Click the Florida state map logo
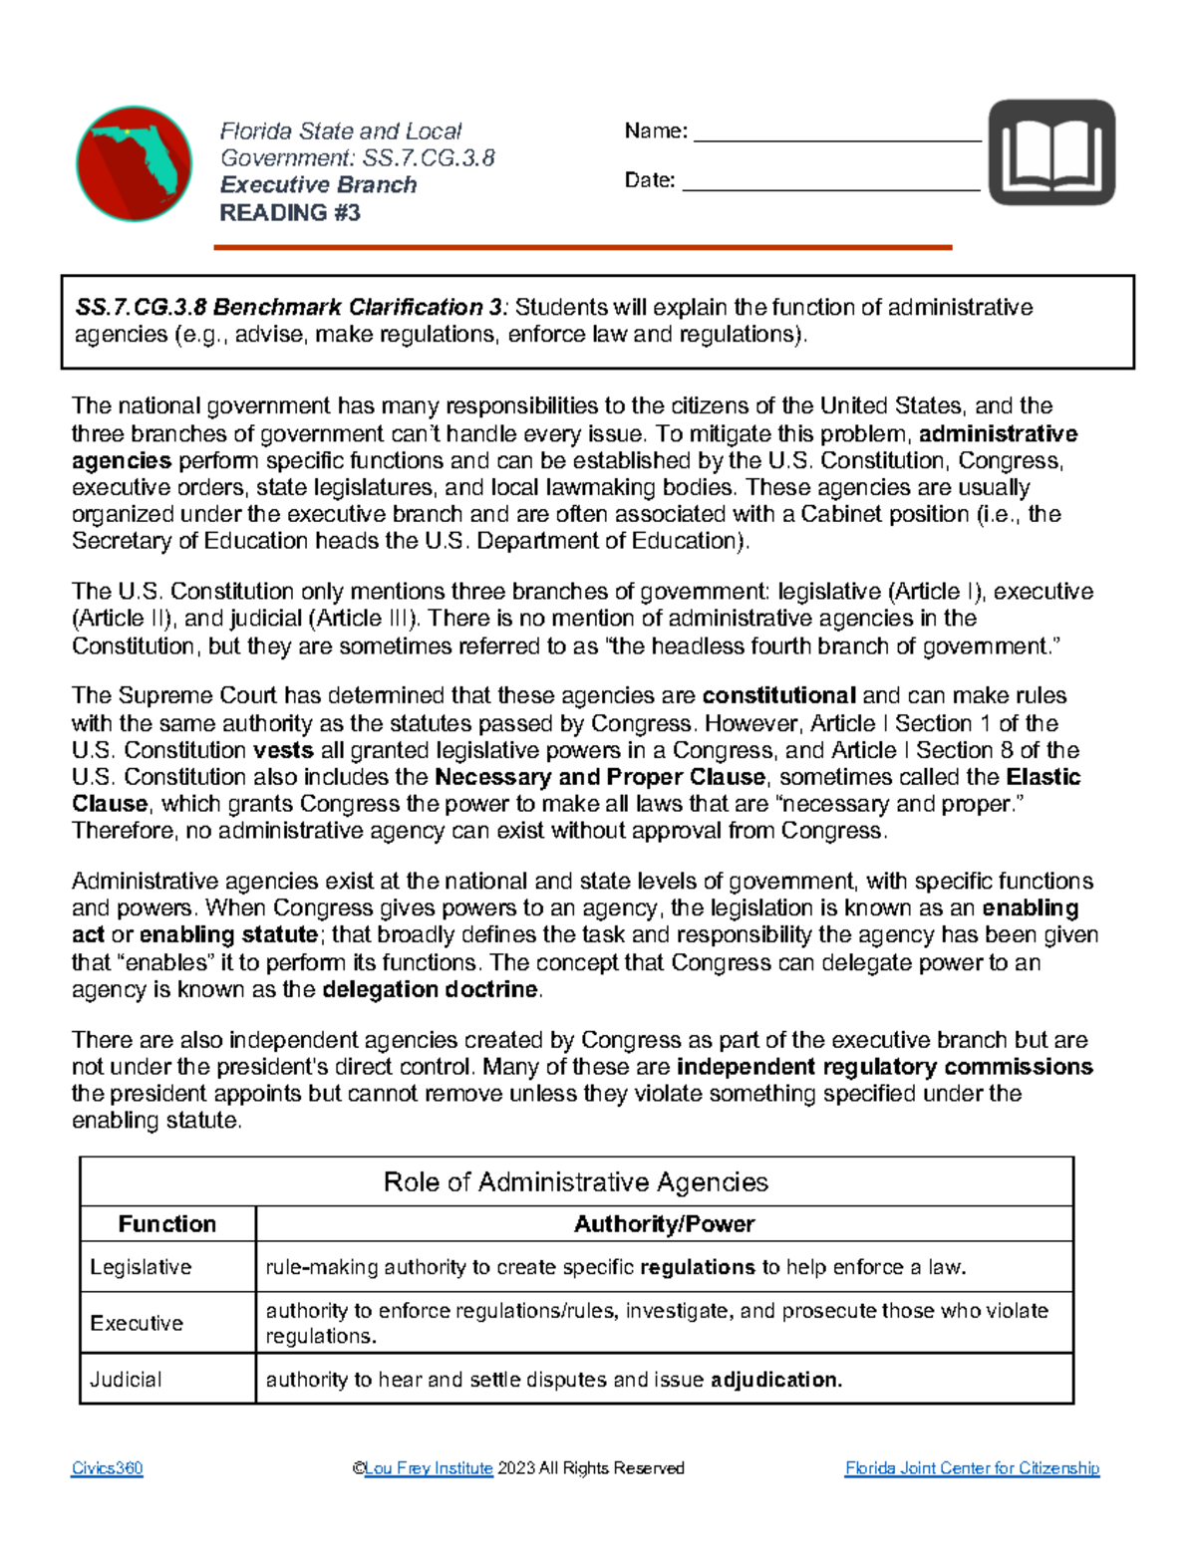pos(135,163)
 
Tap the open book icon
pos(1051,152)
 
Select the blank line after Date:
pos(830,182)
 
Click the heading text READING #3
pos(289,213)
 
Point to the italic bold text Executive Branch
pos(318,185)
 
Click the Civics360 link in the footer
pos(107,1468)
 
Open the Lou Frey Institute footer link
pos(429,1468)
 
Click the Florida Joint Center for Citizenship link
pos(972,1468)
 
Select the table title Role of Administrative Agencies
pos(576,1182)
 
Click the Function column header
pos(167,1224)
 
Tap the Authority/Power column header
pos(664,1224)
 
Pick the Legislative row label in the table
pos(141,1267)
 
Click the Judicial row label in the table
pos(126,1380)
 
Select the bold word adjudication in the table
pos(775,1380)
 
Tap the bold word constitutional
pos(778,695)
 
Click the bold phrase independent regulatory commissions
pos(884,1067)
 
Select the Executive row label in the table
pos(137,1323)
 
